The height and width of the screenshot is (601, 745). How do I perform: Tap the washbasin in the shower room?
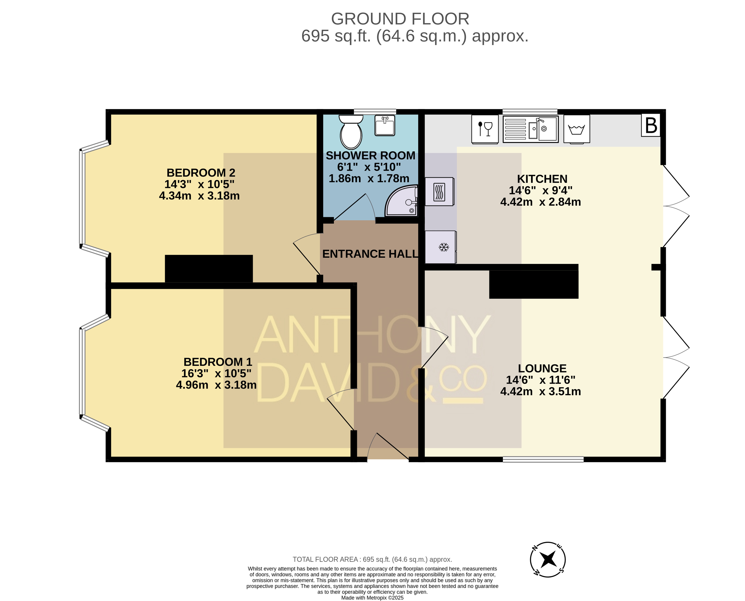[385, 125]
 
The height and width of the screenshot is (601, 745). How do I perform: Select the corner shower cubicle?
[401, 201]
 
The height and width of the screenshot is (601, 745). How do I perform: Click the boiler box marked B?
[651, 125]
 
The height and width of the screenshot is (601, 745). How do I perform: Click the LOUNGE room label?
[542, 368]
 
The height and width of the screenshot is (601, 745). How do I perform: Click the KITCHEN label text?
[542, 179]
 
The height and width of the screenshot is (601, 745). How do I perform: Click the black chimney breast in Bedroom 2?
[209, 269]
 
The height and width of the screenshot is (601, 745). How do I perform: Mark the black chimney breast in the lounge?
[534, 284]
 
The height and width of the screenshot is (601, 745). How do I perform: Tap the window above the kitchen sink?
[530, 112]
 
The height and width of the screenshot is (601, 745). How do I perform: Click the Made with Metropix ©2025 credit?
[372, 598]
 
